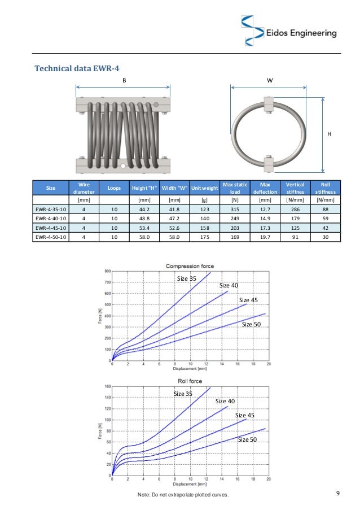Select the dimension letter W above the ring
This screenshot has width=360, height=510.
point(269,81)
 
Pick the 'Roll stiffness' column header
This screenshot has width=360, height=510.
point(325,188)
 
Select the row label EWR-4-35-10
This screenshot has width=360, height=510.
point(51,208)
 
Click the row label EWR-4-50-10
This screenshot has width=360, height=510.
point(51,237)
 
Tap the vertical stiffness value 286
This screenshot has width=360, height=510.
point(296,208)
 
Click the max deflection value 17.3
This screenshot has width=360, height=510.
point(264,228)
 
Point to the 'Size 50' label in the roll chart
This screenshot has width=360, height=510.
point(247,439)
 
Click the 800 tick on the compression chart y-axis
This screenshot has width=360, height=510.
point(107,272)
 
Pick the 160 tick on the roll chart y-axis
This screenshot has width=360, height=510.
point(107,387)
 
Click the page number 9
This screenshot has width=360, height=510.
point(337,495)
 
